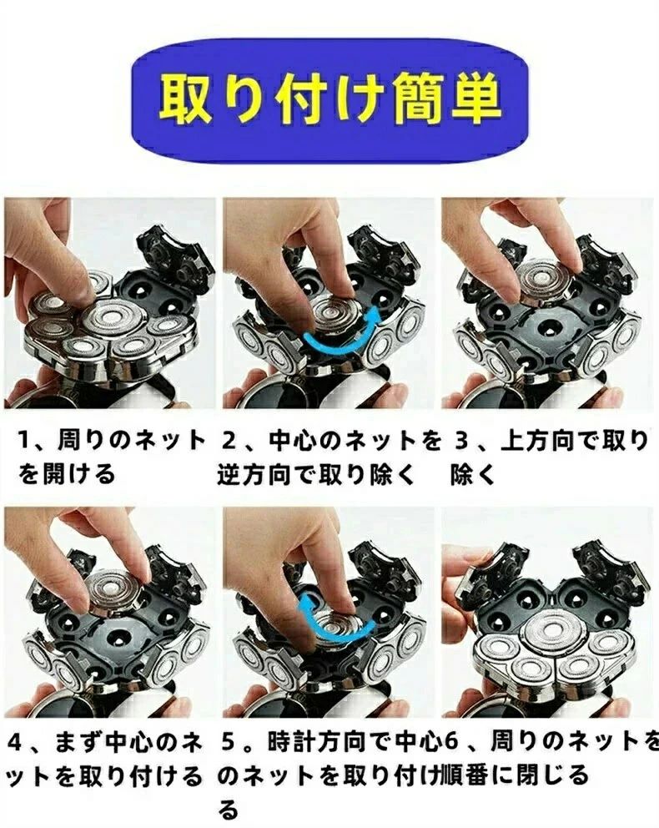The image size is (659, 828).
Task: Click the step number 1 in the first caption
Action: [24, 440]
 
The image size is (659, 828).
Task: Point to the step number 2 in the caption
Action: [229, 440]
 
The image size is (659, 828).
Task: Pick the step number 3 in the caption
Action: [460, 440]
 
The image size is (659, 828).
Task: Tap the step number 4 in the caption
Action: [15, 743]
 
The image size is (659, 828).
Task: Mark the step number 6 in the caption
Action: [450, 743]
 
